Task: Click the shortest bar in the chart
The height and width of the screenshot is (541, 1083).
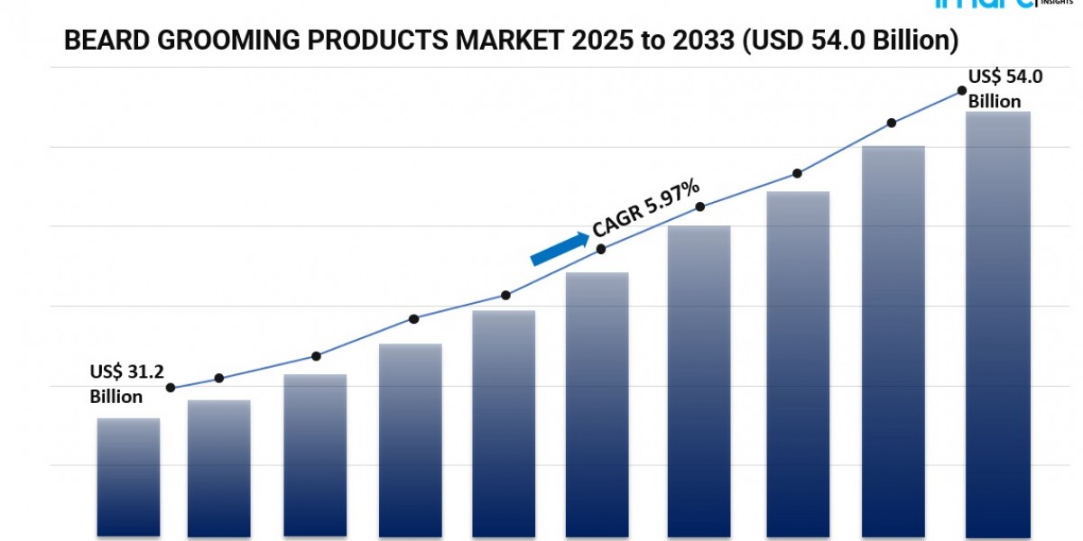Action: point(128,477)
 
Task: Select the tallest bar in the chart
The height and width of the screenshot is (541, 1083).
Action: point(997,325)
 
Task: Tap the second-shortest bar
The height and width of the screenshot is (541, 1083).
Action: point(218,468)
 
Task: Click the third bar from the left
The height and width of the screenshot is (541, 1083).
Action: point(315,455)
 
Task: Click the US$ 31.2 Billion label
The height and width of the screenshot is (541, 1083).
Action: point(126,383)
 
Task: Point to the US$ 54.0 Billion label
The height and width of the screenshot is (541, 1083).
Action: point(1005,89)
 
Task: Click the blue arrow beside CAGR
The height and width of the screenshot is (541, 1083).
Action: point(559,248)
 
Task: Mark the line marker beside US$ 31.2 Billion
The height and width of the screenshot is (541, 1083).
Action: point(171,388)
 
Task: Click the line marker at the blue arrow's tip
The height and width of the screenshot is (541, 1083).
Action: point(602,248)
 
